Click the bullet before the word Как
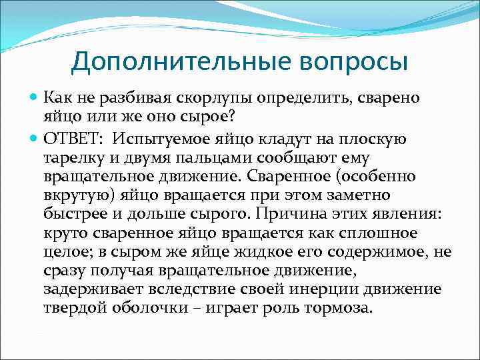35,99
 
